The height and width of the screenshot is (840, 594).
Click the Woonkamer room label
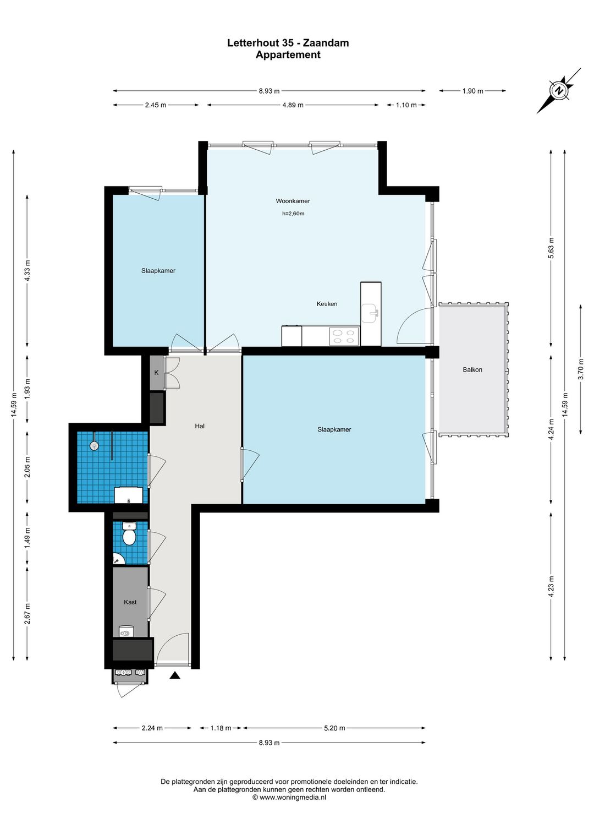coord(293,201)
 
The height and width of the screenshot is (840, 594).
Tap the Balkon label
coord(472,370)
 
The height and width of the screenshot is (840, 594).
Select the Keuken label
coord(326,304)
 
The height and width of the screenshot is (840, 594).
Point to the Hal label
coord(199,426)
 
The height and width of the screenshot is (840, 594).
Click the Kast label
coord(130,602)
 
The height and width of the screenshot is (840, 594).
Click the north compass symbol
coord(559,91)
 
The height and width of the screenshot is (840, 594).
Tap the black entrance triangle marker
coord(175,675)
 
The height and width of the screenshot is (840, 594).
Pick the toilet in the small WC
coord(129,534)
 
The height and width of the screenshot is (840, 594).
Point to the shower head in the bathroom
coord(94,445)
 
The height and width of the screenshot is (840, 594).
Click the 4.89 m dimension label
coord(293,105)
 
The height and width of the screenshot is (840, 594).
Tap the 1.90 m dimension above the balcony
coord(472,91)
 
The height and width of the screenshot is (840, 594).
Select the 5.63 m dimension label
coord(551,248)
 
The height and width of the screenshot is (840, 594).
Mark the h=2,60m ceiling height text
coord(293,214)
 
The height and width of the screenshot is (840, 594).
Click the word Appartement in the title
coord(288,54)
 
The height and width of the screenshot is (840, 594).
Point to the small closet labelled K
coord(156,372)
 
